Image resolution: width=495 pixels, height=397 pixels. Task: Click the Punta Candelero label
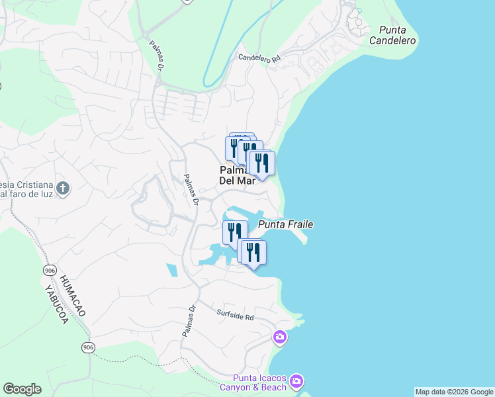(x=397, y=35)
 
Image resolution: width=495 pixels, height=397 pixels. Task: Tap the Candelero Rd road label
(x=259, y=58)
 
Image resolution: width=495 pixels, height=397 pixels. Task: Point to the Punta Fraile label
(x=285, y=225)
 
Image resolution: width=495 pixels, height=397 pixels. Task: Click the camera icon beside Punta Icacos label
(x=296, y=380)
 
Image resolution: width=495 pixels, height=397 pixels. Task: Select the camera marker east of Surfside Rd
(x=280, y=337)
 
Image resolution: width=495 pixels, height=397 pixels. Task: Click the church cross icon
(x=63, y=189)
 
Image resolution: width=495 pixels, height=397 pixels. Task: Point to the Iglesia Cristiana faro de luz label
(x=26, y=189)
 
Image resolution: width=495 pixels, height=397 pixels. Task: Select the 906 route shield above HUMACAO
(x=50, y=270)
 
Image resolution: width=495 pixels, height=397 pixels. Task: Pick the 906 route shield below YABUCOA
(x=87, y=347)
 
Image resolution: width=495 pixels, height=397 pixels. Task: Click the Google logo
(x=22, y=389)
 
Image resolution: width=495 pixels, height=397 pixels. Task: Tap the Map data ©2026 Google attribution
(x=454, y=392)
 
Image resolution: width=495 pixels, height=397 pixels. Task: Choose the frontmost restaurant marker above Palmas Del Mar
(x=262, y=163)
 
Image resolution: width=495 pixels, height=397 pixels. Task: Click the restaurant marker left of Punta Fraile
(x=235, y=232)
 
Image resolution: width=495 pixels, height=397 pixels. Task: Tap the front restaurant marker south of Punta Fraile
(x=253, y=252)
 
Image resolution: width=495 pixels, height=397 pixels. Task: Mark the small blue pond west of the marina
(x=172, y=270)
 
